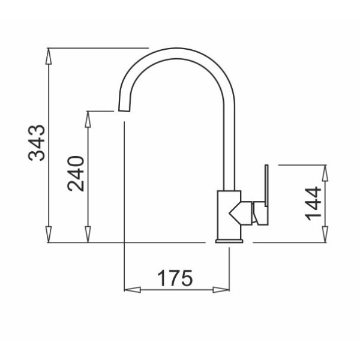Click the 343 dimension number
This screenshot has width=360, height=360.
pos(36,143)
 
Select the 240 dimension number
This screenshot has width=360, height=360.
pos(76,173)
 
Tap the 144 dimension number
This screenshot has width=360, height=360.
pos(313,203)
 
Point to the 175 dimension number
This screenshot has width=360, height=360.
pos(175,278)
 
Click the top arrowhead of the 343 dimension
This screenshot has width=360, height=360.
pos(49,56)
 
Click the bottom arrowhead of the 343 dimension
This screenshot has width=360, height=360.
pos(49,234)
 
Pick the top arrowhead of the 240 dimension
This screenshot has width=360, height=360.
pos(88,119)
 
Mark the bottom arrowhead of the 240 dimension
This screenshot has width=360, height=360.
pos(88,234)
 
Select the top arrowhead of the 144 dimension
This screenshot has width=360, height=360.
pos(325,173)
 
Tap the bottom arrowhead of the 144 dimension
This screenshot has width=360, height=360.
pos(325,234)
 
